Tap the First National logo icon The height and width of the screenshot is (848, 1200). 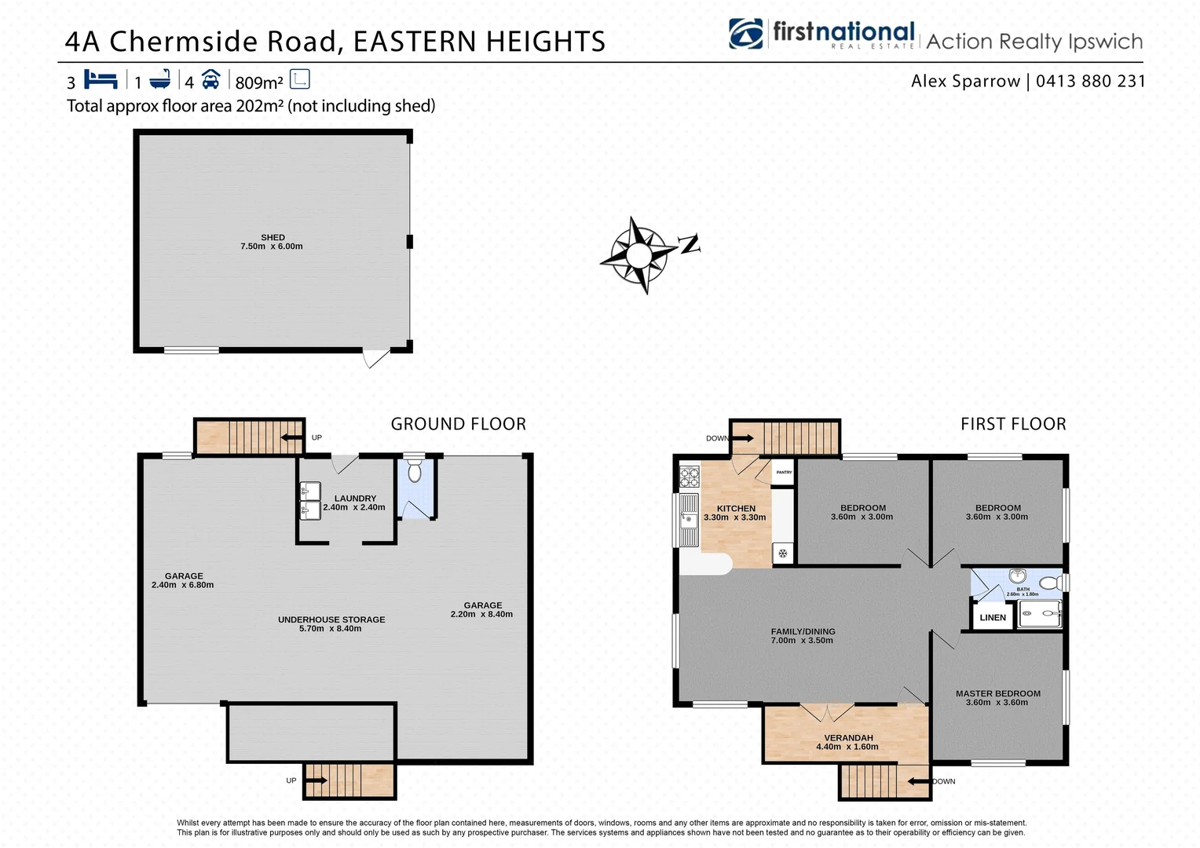point(745,35)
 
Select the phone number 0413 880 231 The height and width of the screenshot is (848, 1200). point(1090,81)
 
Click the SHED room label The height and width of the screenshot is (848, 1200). point(273,237)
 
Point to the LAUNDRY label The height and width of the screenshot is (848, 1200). point(355,499)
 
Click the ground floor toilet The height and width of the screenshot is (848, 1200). point(415,471)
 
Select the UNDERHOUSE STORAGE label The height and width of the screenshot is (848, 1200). point(331,620)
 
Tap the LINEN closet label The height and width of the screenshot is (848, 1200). point(993,618)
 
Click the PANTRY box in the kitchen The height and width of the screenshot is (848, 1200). point(784,473)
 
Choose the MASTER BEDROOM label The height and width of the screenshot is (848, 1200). point(997,693)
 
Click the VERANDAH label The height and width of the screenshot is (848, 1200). point(848,738)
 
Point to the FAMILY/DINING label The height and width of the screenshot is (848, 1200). point(803,631)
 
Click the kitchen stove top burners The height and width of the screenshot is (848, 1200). point(690,476)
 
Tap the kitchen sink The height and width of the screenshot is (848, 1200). point(688,519)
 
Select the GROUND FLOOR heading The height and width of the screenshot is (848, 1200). point(459,424)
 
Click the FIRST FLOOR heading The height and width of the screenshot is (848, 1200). point(1013,424)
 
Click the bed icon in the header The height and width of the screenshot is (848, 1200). point(101,80)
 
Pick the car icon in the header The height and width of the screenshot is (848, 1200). point(210,80)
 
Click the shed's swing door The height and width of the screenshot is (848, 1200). point(375,358)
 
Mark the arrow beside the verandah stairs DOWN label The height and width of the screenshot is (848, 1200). point(917,781)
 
